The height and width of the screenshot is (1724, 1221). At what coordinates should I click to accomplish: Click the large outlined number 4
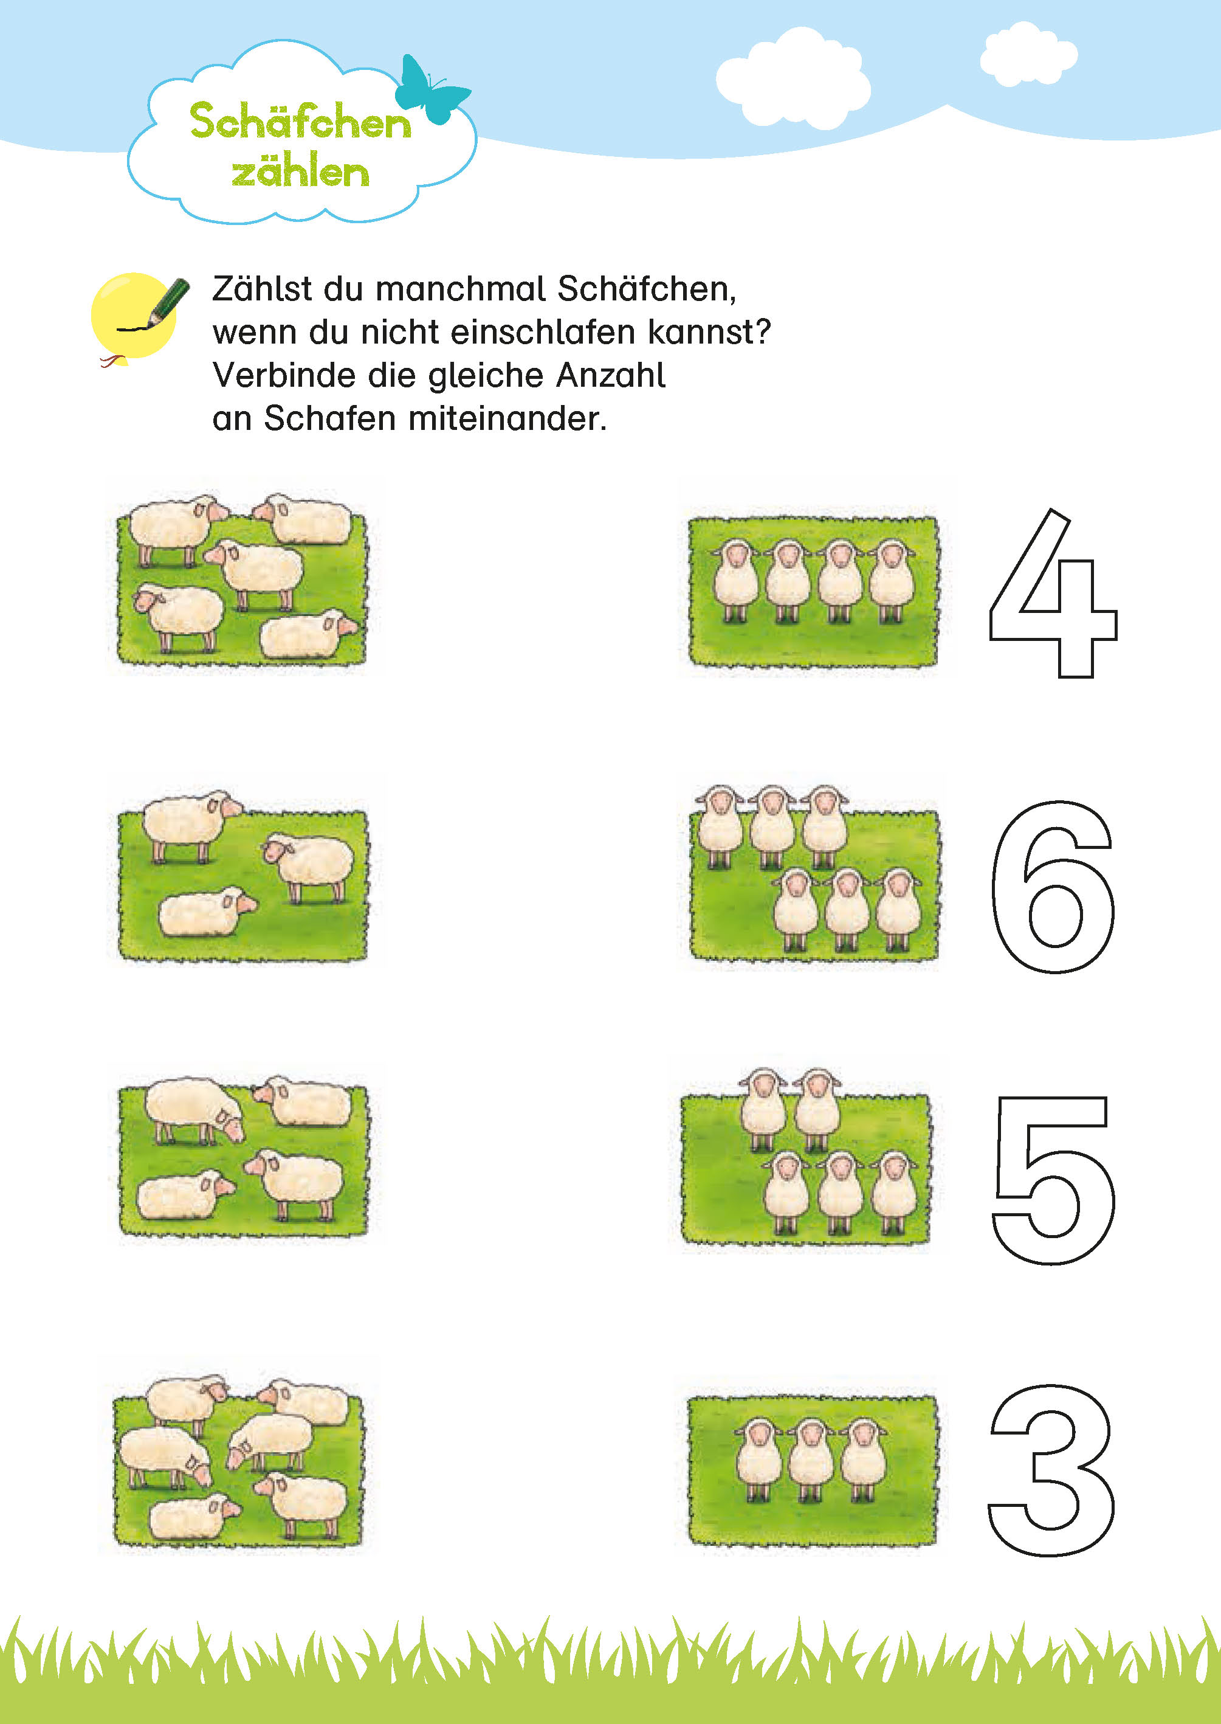[1053, 594]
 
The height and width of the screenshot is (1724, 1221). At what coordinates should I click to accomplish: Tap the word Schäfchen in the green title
[300, 122]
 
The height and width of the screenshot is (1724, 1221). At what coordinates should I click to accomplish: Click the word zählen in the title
[300, 172]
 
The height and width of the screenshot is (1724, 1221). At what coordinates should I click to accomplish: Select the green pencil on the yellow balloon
[168, 302]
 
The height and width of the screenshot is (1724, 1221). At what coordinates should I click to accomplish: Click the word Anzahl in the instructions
[610, 375]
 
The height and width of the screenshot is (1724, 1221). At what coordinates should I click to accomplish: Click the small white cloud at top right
[1028, 54]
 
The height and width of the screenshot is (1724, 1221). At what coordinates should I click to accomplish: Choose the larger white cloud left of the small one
[793, 79]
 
